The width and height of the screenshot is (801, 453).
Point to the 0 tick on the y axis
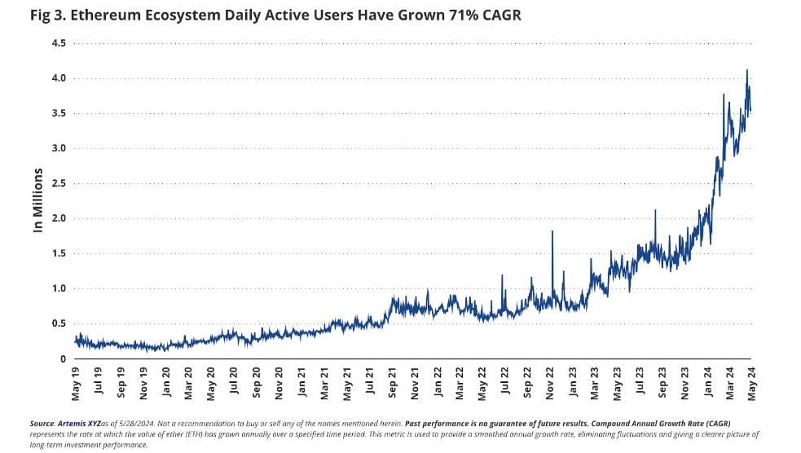click(x=62, y=358)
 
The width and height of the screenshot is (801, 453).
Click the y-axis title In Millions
click(x=37, y=200)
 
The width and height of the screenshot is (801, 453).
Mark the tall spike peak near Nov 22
click(x=552, y=231)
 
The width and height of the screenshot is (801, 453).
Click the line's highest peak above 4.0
click(x=746, y=70)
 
